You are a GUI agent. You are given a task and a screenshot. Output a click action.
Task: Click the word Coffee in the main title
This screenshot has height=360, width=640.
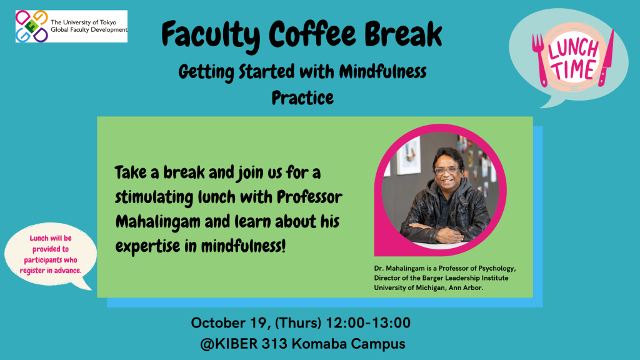tap(312, 34)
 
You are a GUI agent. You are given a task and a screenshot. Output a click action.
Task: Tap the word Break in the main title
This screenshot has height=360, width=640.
tap(403, 34)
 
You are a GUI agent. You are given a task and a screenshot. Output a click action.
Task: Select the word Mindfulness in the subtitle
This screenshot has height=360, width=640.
tap(383, 72)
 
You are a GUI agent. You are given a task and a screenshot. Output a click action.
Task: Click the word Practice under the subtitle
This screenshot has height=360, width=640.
tap(302, 98)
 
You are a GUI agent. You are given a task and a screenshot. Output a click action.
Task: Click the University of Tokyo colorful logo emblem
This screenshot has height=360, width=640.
tap(32, 26)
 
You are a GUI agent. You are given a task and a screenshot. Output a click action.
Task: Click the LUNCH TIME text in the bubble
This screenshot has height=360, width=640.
tap(572, 59)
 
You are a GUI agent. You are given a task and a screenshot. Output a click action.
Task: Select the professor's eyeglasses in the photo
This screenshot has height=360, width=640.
tap(446, 170)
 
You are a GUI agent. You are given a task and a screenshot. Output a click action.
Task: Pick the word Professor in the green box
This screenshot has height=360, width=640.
tap(309, 197)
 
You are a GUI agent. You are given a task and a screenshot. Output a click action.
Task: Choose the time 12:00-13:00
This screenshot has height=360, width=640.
tap(368, 323)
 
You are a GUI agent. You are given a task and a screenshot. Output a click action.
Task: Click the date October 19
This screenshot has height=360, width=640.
tap(229, 323)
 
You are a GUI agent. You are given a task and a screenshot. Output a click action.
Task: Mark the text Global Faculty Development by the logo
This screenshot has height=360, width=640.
tap(89, 30)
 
